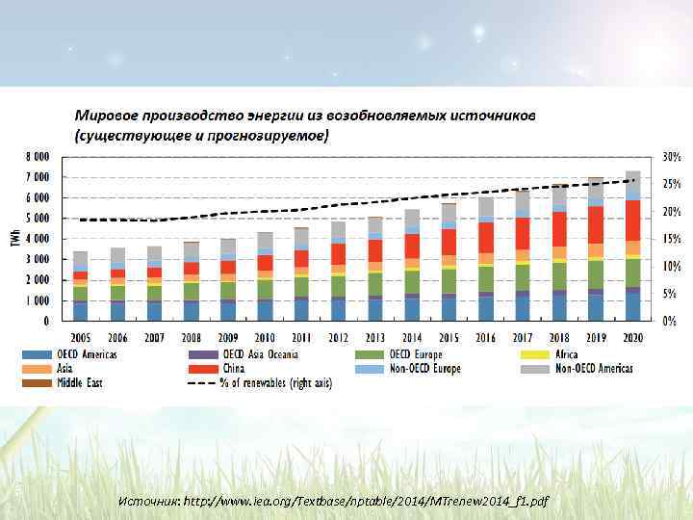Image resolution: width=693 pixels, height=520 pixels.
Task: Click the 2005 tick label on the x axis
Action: [x=80, y=338]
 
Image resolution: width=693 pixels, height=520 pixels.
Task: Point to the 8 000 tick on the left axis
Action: [x=38, y=156]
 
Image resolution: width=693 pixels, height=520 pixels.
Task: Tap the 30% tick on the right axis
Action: [x=671, y=156]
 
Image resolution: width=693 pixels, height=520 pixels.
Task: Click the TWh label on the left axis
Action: [x=16, y=237]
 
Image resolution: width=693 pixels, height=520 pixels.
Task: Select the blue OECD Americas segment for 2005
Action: [x=80, y=310]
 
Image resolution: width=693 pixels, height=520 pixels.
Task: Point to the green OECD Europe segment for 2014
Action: [x=412, y=282]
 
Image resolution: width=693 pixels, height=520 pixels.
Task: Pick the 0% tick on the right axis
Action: [x=669, y=320]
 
